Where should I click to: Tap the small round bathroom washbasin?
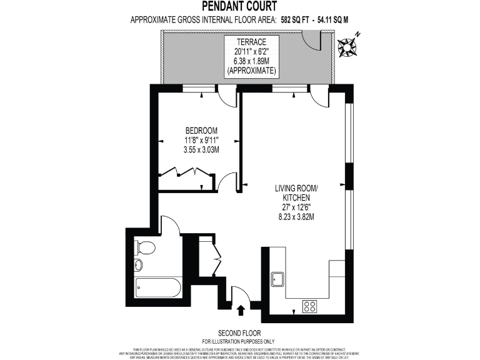point(139,264)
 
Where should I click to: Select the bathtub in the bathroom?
point(158,289)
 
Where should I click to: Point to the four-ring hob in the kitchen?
point(309,306)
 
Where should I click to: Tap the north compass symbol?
point(347,46)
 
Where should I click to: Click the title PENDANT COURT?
point(239,6)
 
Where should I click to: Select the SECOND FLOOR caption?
point(239,333)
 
